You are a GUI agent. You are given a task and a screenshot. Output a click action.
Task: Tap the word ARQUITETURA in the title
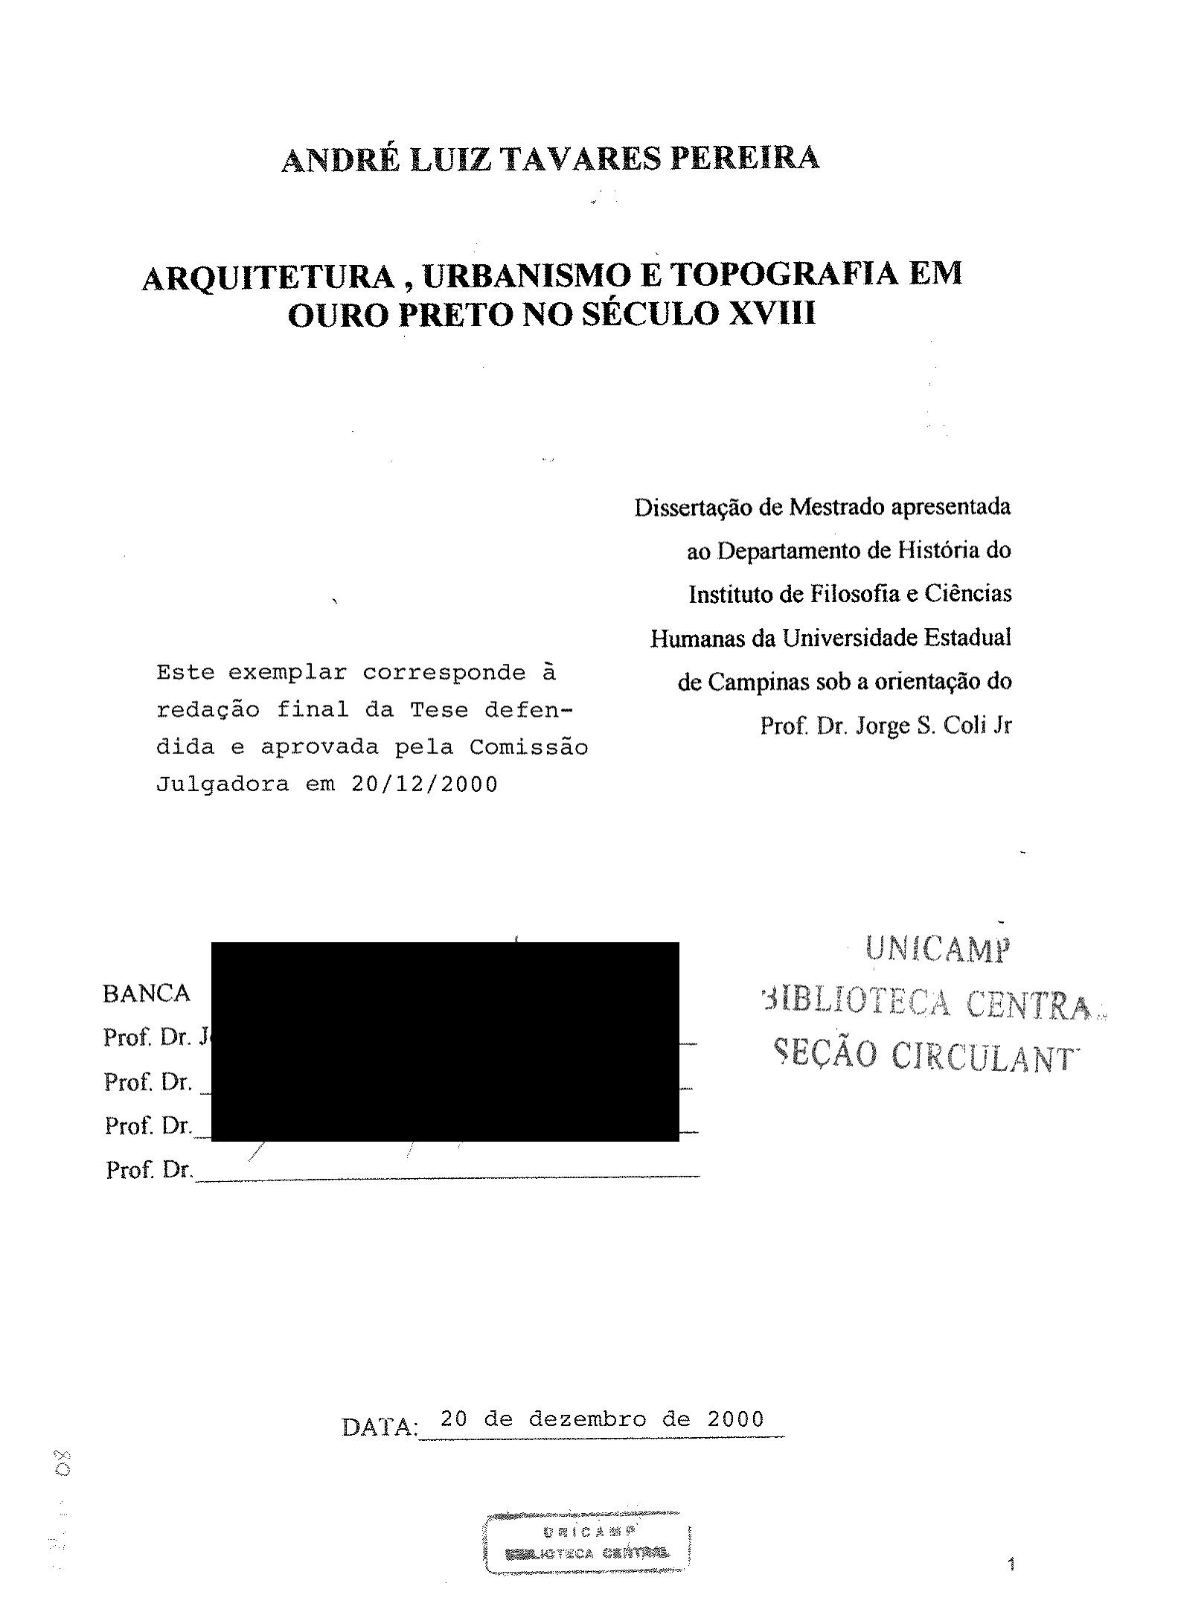pos(268,278)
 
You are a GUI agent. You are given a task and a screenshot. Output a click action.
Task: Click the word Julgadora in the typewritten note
pos(222,784)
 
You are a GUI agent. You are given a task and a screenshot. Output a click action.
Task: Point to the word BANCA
pos(147,994)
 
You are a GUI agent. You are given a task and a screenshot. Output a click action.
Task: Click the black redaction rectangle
pos(445,1041)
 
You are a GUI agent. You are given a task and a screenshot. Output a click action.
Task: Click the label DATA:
pos(380,1427)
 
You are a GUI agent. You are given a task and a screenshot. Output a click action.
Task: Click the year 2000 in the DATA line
pos(735,1419)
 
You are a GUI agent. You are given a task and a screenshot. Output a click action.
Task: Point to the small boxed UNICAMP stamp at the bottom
pos(588,1543)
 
